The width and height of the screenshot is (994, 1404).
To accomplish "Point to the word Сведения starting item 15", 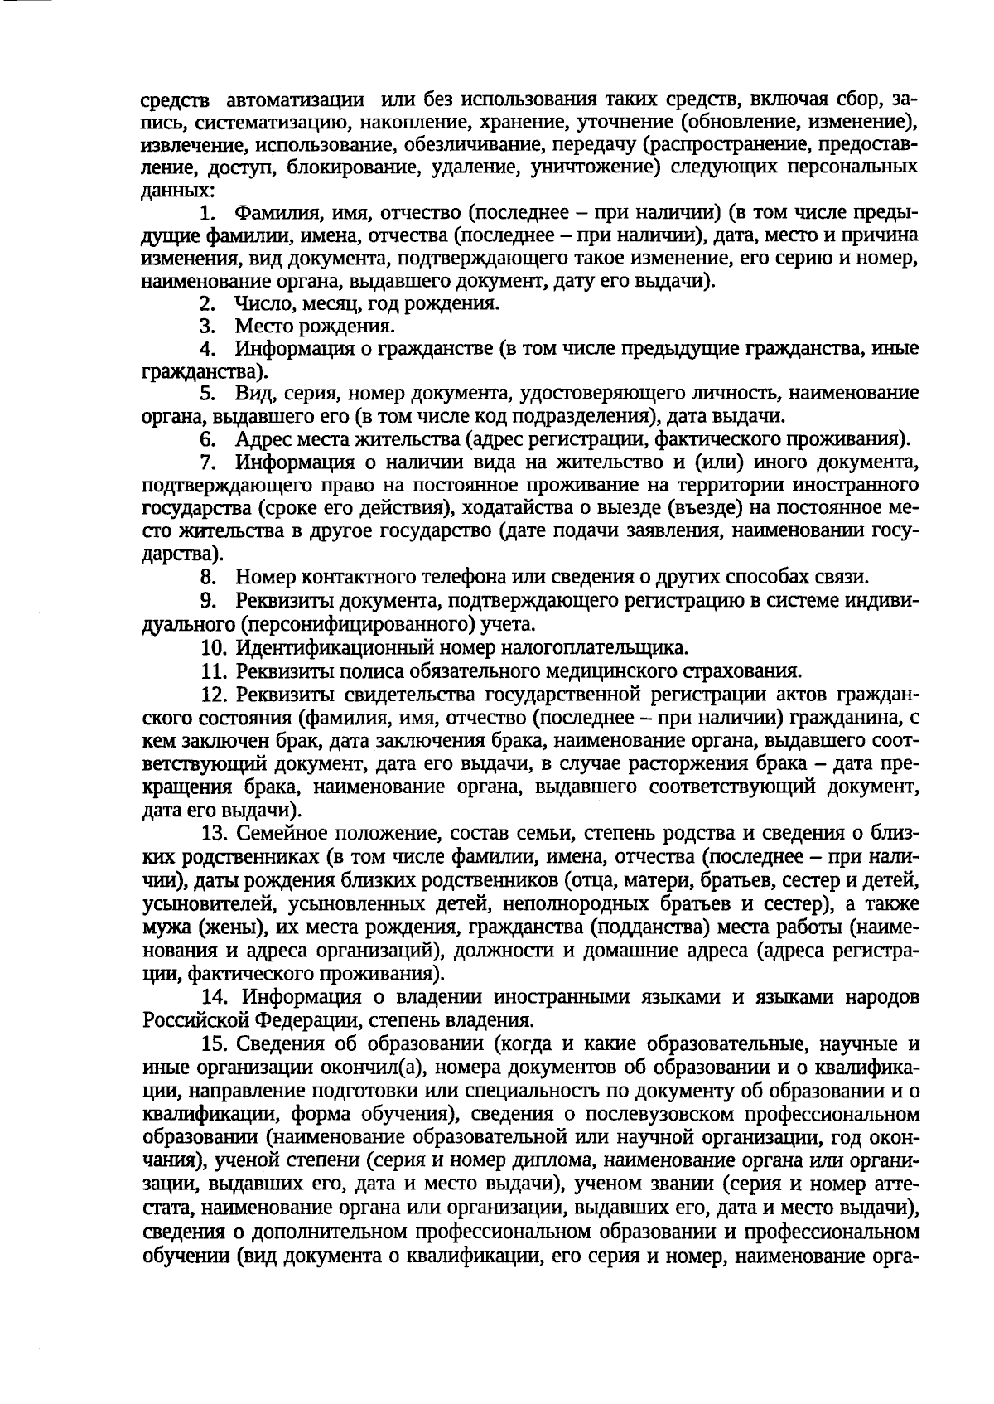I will coord(282,1042).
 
